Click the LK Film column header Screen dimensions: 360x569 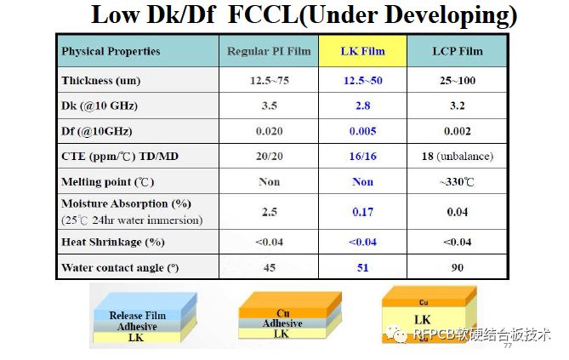click(363, 52)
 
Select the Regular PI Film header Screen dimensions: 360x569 click(269, 52)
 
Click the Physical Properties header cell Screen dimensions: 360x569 click(111, 52)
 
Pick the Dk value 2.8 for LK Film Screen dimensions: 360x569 click(363, 106)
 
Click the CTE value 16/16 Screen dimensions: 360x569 click(363, 157)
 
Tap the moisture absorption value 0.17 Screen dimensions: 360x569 click(363, 212)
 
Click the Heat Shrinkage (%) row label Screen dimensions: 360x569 click(112, 242)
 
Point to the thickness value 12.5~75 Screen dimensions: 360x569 click(269, 81)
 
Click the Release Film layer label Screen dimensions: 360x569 click(138, 316)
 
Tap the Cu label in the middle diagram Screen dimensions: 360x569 click(283, 313)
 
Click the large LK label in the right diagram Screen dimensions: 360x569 click(423, 319)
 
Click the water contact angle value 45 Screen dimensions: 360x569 click(269, 268)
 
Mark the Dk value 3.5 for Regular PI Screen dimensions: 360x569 click(269, 106)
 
